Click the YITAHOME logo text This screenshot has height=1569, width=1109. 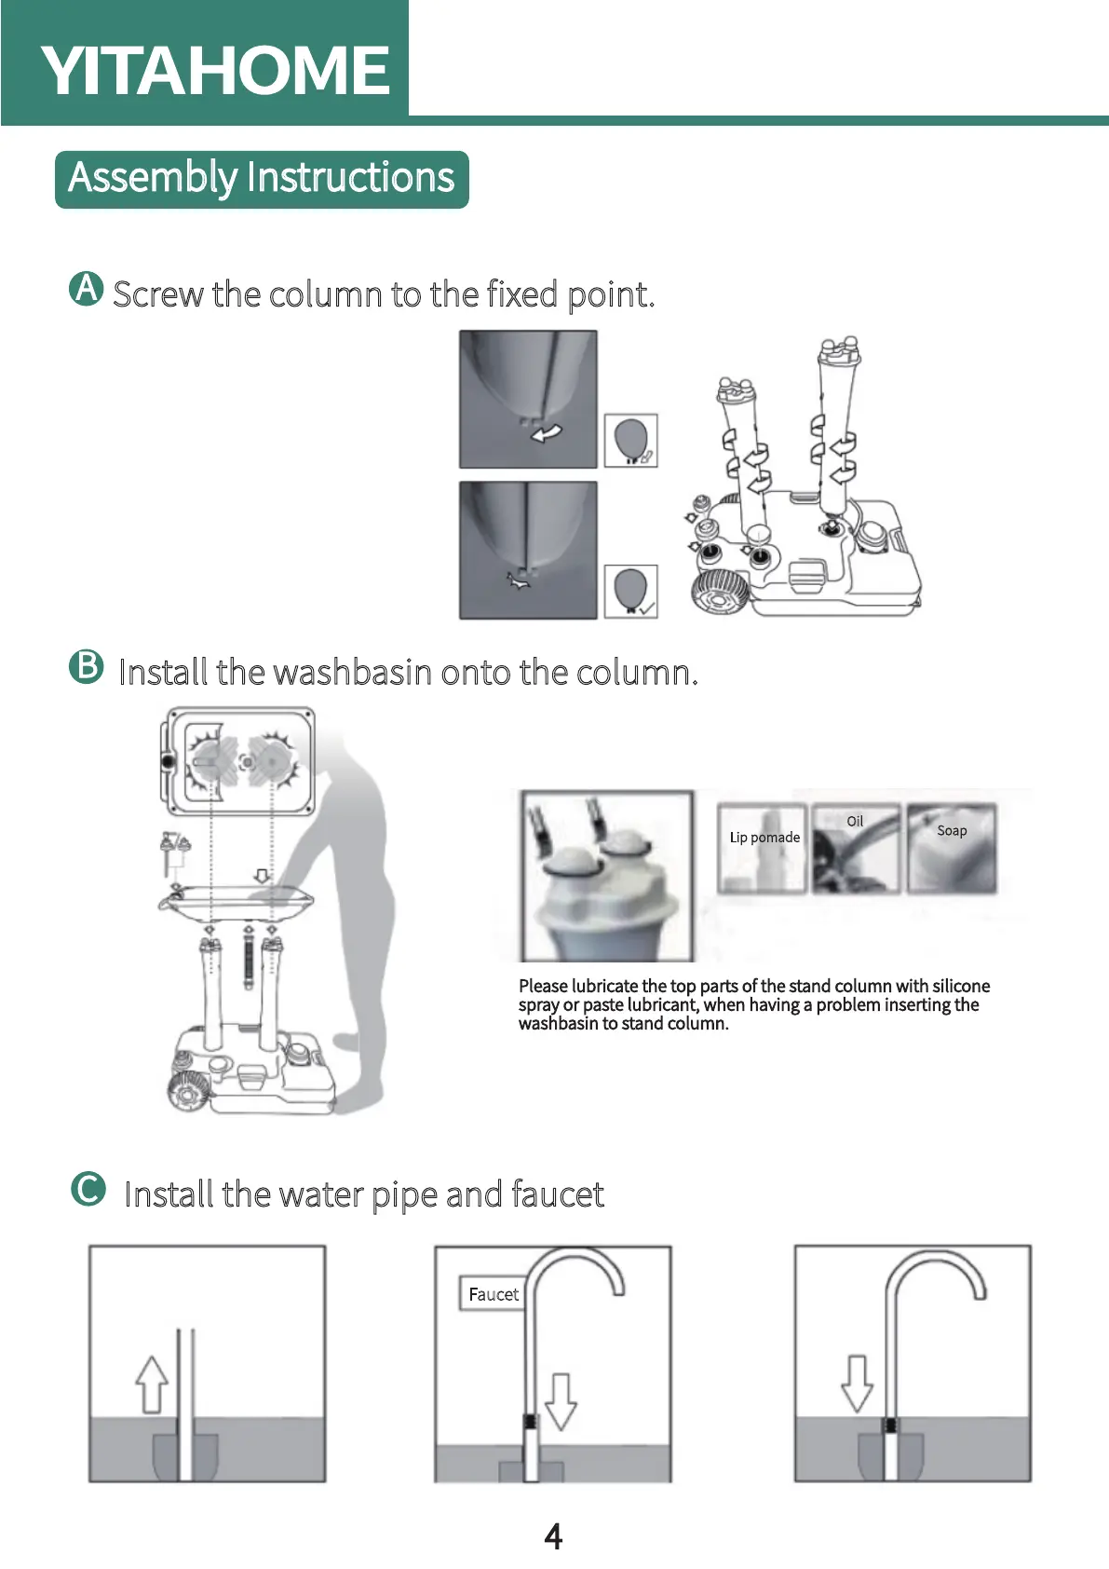point(215,71)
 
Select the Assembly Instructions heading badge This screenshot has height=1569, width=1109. point(262,179)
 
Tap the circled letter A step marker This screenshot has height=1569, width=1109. point(87,289)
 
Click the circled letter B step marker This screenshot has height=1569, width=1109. point(87,666)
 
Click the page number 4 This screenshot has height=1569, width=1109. point(553,1535)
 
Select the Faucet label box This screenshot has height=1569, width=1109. point(493,1294)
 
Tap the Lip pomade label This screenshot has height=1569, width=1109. point(764,838)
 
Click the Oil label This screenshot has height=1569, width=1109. point(855,822)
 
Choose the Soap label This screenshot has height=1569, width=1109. point(952,831)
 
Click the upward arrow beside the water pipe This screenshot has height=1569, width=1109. point(152,1384)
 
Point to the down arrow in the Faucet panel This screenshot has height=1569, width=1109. point(561,1400)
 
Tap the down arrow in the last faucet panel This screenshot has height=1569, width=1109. point(857,1383)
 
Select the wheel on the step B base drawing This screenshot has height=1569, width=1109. point(190,1091)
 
